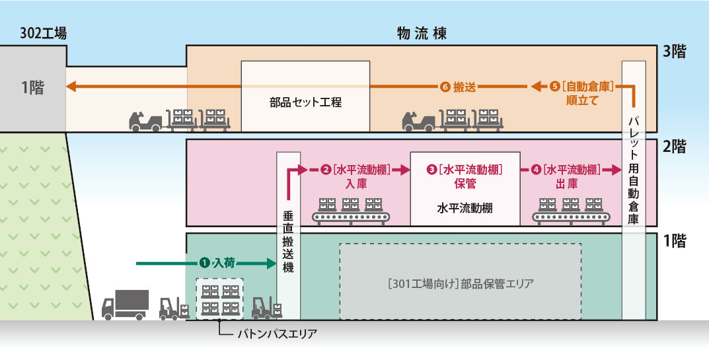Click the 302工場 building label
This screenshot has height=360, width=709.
coord(43,33)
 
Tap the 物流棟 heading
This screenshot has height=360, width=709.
coord(422,33)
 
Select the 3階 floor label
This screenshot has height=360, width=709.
coord(674,52)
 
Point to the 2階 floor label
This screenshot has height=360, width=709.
coord(674,147)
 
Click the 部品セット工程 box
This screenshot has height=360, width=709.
coord(305,96)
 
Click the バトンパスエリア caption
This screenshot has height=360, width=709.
coord(277,334)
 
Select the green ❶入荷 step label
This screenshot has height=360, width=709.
coord(217,263)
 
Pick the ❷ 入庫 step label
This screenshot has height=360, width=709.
coord(355,177)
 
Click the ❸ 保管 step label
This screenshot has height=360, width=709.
coord(465,177)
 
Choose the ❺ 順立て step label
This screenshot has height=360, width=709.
coord(582,93)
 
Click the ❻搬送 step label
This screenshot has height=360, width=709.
coord(458,87)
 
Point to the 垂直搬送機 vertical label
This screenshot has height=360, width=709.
coord(288,242)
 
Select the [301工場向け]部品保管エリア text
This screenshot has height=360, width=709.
coord(461,284)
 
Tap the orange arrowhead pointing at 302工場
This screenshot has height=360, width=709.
coord(71,86)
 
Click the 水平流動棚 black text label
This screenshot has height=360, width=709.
coord(465,208)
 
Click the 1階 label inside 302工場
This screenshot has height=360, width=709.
coord(33,87)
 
